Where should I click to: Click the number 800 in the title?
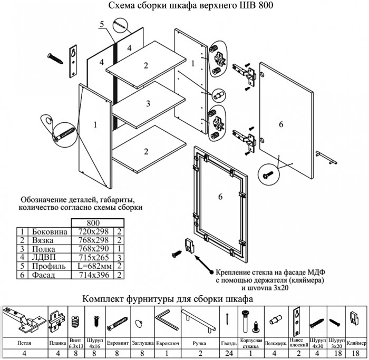(x=264, y=6)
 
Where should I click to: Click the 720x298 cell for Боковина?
(x=93, y=231)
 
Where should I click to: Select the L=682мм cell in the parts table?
(x=93, y=266)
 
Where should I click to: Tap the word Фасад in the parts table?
(x=44, y=275)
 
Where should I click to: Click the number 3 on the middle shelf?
(x=149, y=103)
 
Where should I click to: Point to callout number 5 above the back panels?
(x=102, y=24)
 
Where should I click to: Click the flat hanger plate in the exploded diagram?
(x=73, y=61)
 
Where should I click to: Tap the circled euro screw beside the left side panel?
(x=65, y=130)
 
